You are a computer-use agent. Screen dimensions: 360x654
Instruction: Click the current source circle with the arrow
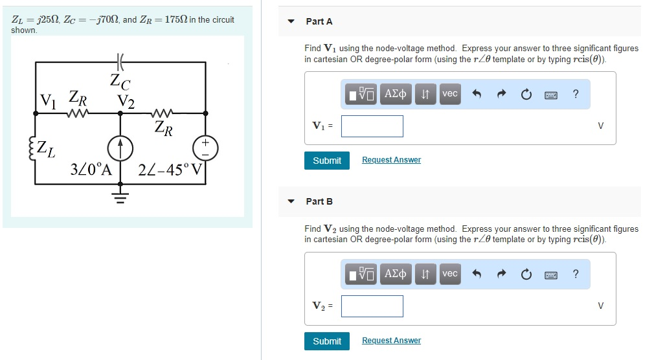coord(120,148)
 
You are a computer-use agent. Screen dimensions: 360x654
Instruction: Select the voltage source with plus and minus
coord(206,148)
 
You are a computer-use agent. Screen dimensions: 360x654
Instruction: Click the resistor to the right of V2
coord(162,113)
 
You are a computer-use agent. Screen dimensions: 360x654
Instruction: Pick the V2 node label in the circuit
coord(126,101)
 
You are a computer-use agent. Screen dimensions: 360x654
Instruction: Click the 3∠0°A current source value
coord(91,172)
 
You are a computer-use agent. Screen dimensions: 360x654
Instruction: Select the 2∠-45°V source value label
coord(171,172)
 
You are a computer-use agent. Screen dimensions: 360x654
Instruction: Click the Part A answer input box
coord(372,126)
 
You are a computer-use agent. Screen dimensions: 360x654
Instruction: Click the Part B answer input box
coord(372,306)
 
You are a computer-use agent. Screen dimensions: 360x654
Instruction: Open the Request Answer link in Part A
coord(391,160)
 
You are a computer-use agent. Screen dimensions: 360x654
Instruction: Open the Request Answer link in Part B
coord(391,341)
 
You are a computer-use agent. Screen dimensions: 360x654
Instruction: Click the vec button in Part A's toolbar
coord(449,94)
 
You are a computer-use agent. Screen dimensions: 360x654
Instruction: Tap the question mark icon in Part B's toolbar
coord(576,274)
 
